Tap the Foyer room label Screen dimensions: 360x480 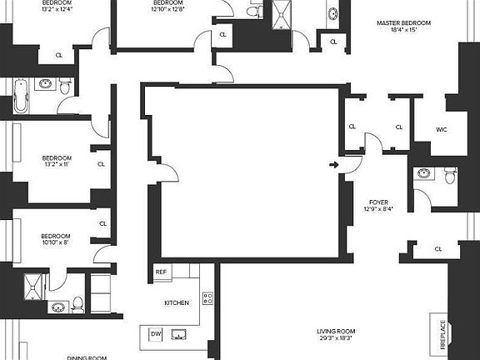(x=379, y=202)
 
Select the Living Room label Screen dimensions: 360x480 (x=335, y=331)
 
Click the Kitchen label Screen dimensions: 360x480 (x=177, y=302)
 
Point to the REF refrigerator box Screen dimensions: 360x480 (x=162, y=272)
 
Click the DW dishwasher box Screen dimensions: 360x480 (x=156, y=334)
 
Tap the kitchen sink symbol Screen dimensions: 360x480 (x=178, y=335)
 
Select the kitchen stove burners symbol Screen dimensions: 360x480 (x=207, y=297)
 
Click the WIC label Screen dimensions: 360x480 (x=442, y=129)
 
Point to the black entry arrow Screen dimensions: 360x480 (x=333, y=165)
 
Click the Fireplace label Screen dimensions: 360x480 (x=442, y=336)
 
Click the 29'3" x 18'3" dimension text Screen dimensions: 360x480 (x=335, y=339)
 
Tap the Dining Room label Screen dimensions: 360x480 (x=87, y=357)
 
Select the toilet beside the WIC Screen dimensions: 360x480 (x=450, y=175)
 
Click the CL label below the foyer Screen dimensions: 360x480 (x=438, y=248)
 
